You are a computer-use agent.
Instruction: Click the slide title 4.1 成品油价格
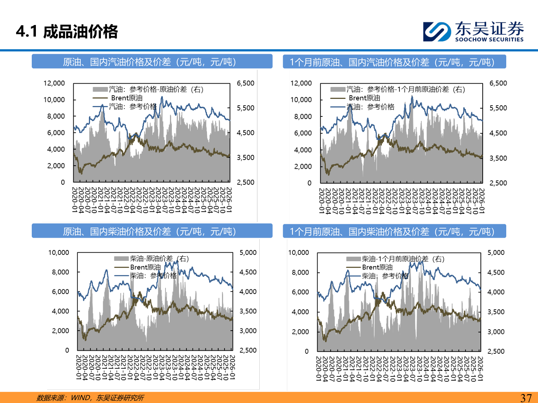(67, 31)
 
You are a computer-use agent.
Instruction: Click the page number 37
(526, 398)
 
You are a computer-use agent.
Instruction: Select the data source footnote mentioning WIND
(90, 398)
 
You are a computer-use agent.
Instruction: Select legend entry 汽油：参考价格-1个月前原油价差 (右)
(405, 89)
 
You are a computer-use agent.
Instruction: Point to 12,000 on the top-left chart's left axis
(54, 83)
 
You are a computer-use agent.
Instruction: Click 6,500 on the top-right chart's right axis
(498, 83)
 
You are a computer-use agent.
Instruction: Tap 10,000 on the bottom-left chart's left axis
(59, 253)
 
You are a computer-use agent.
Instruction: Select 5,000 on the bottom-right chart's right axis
(496, 253)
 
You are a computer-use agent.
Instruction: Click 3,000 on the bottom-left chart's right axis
(248, 331)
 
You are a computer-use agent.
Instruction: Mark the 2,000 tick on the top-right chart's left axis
(303, 166)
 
